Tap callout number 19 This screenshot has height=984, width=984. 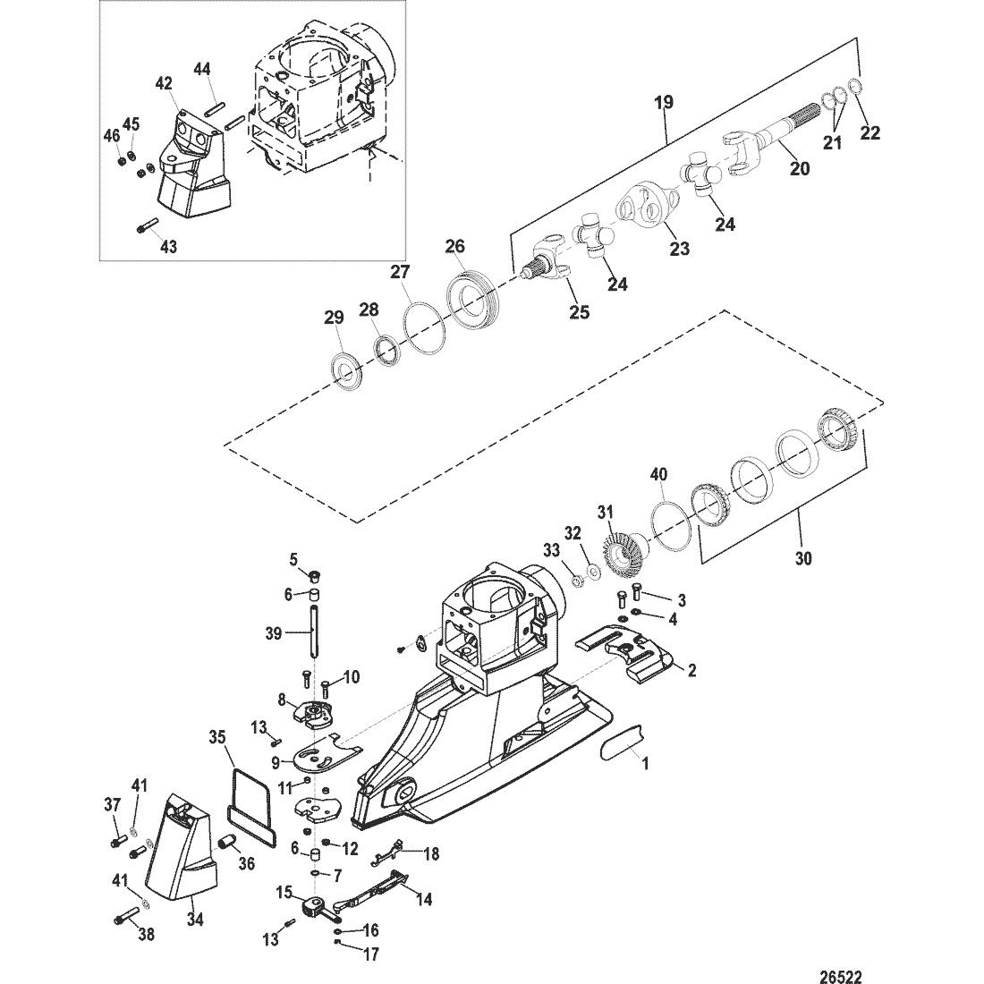point(664,102)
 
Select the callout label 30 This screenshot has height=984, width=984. point(803,558)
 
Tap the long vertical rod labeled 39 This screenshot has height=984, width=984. point(314,631)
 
